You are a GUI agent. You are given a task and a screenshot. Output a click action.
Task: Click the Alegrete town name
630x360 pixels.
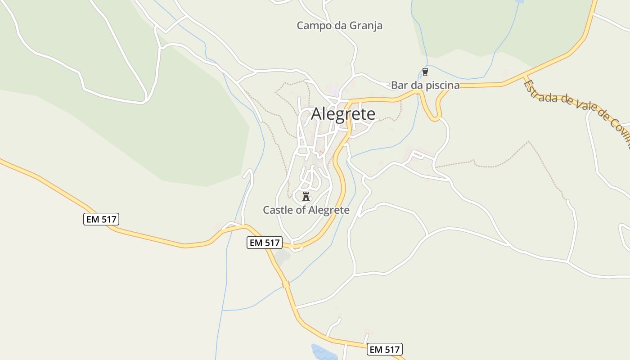[343, 114]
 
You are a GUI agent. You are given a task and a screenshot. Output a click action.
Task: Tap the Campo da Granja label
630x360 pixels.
[339, 26]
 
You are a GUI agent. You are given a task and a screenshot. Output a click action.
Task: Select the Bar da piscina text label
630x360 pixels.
[425, 85]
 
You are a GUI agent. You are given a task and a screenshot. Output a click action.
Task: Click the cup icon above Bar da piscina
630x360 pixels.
[425, 72]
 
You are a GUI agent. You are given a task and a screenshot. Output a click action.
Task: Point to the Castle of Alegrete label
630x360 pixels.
[306, 210]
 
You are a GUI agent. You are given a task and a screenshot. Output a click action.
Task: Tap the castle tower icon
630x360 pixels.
[306, 196]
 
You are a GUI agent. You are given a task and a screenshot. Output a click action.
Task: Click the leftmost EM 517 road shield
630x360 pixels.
[101, 220]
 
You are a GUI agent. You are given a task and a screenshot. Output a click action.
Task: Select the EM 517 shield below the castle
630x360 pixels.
[265, 243]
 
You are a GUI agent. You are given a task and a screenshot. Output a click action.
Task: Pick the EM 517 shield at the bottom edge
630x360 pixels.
[385, 349]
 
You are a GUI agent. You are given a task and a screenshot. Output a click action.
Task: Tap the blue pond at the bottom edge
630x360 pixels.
[323, 352]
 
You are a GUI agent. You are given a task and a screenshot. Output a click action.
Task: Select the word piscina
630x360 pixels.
[443, 85]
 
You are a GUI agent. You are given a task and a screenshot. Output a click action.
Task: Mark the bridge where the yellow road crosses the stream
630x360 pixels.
[285, 284]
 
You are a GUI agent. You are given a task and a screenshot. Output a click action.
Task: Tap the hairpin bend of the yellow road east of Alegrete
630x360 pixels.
[435, 118]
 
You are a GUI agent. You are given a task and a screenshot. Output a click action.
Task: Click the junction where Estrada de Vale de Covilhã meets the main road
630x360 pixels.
[524, 77]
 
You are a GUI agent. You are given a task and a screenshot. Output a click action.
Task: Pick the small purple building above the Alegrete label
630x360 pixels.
[334, 91]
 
